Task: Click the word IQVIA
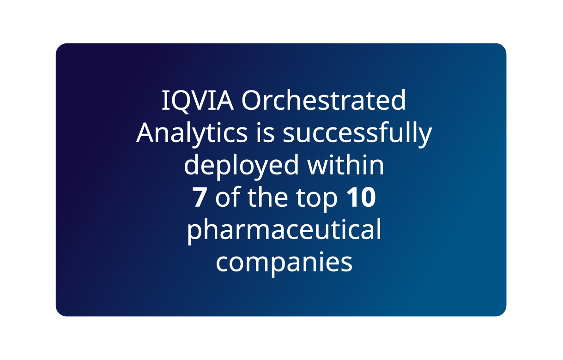pyautogui.click(x=198, y=101)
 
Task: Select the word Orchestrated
pyautogui.click(x=324, y=100)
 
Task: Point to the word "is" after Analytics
pyautogui.click(x=265, y=132)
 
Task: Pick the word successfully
pyautogui.click(x=357, y=134)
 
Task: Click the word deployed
pyautogui.click(x=241, y=166)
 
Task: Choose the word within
pyautogui.click(x=345, y=164)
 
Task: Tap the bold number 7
pyautogui.click(x=200, y=198)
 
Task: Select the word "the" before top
pyautogui.click(x=267, y=197)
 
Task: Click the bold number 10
pyautogui.click(x=361, y=198)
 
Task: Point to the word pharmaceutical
pyautogui.click(x=284, y=231)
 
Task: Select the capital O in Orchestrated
pyautogui.click(x=252, y=101)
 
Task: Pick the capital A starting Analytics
pyautogui.click(x=148, y=132)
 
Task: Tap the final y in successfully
pyautogui.click(x=424, y=138)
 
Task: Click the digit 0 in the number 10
pyautogui.click(x=368, y=198)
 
